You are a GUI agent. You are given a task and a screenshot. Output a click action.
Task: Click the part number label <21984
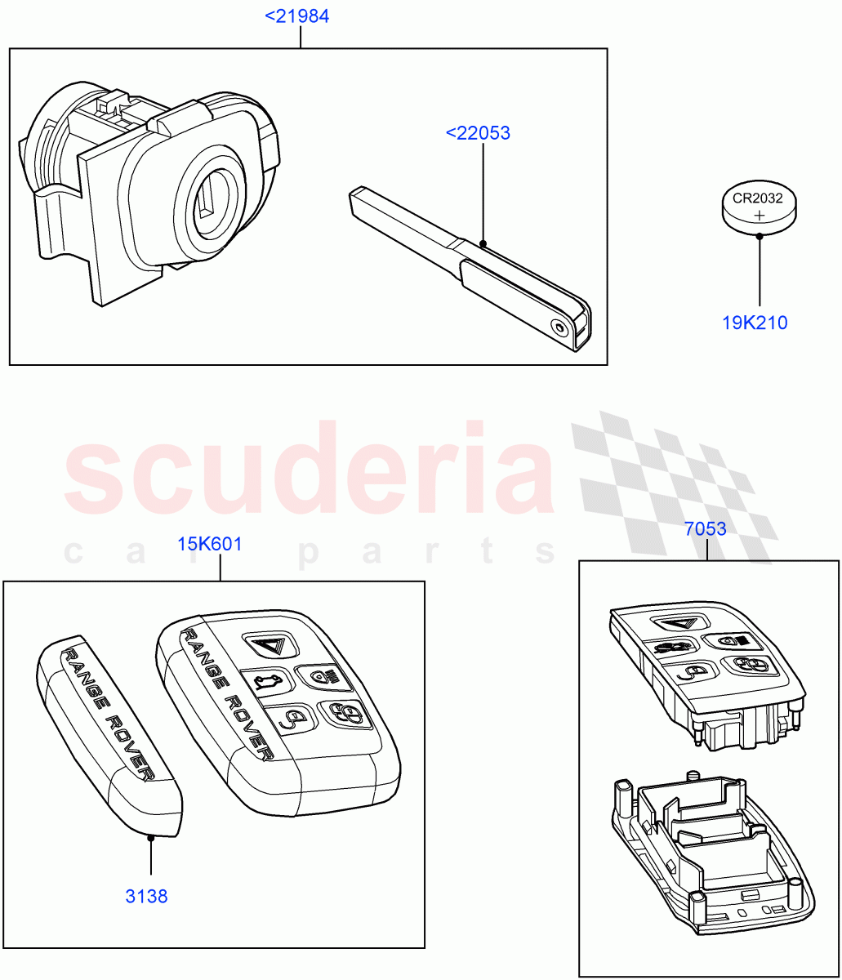297,16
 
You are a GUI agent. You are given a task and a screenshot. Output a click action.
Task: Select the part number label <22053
478,132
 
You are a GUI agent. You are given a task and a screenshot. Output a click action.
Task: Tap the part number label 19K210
755,323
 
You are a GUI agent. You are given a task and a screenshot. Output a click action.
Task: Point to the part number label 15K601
210,544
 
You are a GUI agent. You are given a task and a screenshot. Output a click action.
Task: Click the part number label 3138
147,897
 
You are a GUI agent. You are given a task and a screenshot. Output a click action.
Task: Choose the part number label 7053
706,529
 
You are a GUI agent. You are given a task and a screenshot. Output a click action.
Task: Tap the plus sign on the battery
760,216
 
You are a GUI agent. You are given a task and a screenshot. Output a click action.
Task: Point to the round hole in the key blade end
559,327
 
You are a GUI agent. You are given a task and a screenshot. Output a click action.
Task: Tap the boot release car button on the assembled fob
266,679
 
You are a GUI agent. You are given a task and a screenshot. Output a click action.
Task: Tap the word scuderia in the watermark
310,474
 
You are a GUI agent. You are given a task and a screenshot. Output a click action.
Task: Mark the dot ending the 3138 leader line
151,836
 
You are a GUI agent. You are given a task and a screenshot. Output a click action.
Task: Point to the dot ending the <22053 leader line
483,243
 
